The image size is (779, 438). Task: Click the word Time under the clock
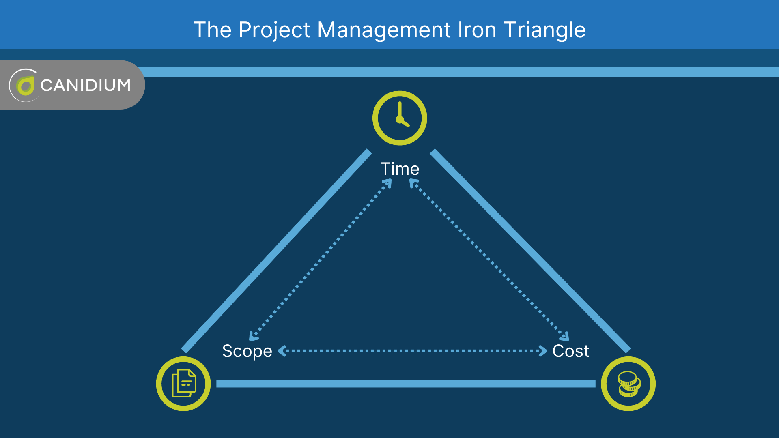point(400,169)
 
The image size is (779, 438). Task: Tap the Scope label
point(247,351)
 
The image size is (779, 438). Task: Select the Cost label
point(570,351)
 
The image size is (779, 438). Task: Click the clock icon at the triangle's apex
point(400,118)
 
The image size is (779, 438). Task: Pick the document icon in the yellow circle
point(184,384)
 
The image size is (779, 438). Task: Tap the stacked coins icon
point(628,384)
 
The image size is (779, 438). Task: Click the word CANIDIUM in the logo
point(86,85)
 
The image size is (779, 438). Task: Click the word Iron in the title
point(477,30)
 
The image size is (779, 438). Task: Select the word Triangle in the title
point(544,30)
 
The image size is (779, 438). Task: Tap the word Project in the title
point(275,30)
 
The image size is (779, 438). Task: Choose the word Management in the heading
point(384,30)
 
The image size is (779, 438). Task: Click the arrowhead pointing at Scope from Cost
point(282,351)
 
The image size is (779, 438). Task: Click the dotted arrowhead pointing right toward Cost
point(543,351)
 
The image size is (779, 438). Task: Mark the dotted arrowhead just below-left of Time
point(388,183)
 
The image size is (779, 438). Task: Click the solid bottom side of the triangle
point(406,384)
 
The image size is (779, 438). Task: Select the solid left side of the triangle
point(276,251)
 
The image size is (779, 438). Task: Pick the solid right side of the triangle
point(529,251)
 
